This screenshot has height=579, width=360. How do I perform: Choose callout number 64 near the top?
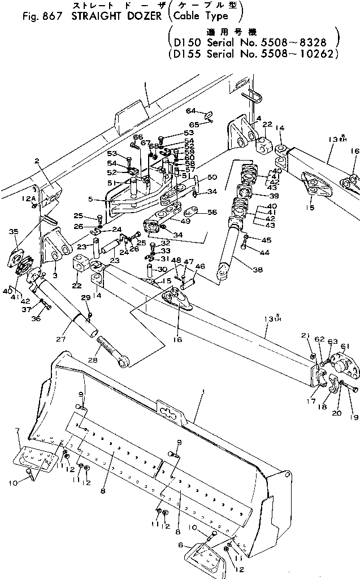[x=190, y=110]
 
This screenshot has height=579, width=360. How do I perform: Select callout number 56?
[x=212, y=212]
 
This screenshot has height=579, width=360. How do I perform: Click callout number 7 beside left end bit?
[x=18, y=431]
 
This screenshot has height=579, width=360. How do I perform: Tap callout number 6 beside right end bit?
[x=181, y=545]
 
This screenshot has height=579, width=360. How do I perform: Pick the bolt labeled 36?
[x=46, y=306]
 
